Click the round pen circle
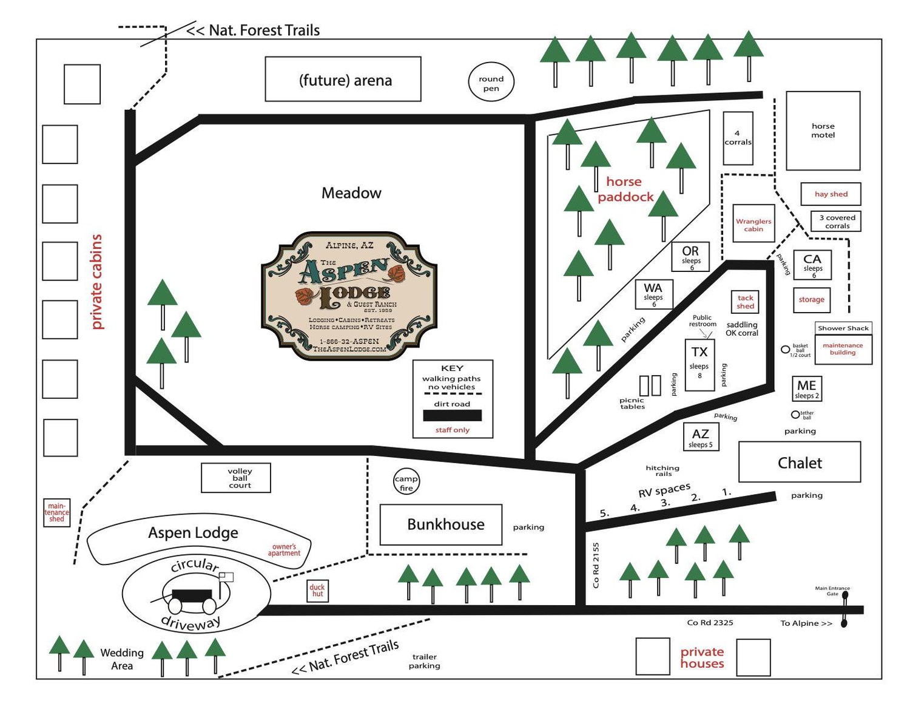pyautogui.click(x=490, y=81)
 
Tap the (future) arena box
pyautogui.click(x=343, y=79)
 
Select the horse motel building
pyautogui.click(x=823, y=131)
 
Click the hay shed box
pyautogui.click(x=831, y=194)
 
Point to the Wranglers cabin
pyautogui.click(x=753, y=223)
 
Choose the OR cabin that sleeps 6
pyautogui.click(x=690, y=256)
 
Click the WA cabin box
pyautogui.click(x=653, y=294)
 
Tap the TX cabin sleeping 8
pyautogui.click(x=699, y=365)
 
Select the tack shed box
pyautogui.click(x=745, y=302)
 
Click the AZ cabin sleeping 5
pyautogui.click(x=700, y=436)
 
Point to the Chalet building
pyautogui.click(x=799, y=462)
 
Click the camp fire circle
pyautogui.click(x=406, y=481)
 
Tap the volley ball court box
pyautogui.click(x=236, y=478)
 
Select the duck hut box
pyautogui.click(x=317, y=591)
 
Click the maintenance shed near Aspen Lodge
pyautogui.click(x=56, y=512)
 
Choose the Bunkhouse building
pyautogui.click(x=440, y=524)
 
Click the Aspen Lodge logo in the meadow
pyautogui.click(x=349, y=296)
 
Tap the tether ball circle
pyautogui.click(x=795, y=415)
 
